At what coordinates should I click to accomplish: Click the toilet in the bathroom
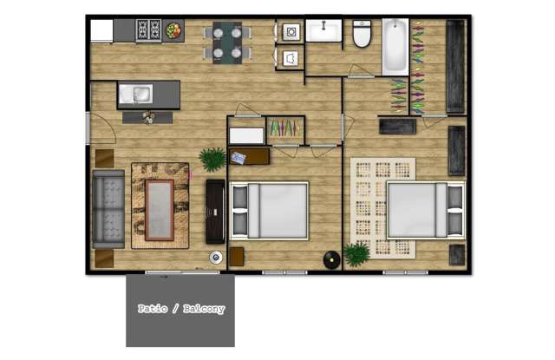(x=362, y=34)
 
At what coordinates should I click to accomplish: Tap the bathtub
(x=395, y=46)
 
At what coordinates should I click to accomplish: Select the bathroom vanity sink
(x=323, y=30)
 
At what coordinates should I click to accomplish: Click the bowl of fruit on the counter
(x=173, y=31)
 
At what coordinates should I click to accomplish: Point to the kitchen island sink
(x=136, y=95)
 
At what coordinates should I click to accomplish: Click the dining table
(x=227, y=43)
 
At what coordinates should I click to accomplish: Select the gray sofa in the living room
(x=108, y=209)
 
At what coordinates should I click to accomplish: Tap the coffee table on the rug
(x=160, y=210)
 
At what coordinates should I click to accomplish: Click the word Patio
(x=153, y=309)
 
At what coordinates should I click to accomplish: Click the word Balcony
(x=204, y=309)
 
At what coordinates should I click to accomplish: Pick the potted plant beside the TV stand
(x=212, y=159)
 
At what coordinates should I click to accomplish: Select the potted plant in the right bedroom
(x=357, y=254)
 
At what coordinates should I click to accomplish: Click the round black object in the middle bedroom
(x=331, y=260)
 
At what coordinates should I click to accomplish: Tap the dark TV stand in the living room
(x=215, y=212)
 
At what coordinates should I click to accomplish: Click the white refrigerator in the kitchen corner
(x=101, y=31)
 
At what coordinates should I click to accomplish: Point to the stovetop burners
(x=148, y=29)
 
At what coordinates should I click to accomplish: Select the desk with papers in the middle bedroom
(x=249, y=156)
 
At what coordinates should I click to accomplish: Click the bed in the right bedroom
(x=426, y=210)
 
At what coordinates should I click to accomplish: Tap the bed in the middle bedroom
(x=269, y=211)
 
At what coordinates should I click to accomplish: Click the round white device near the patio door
(x=216, y=258)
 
